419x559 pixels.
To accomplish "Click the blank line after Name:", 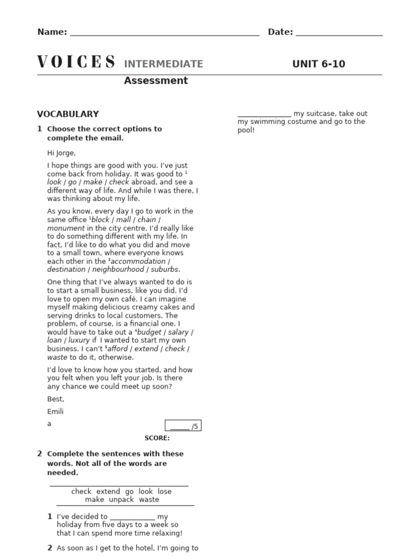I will point(165,33).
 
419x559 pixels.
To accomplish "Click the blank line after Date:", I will point(339,33).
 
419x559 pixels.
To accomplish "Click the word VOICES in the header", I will point(76,63).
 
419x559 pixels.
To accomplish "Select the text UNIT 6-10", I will point(319,64).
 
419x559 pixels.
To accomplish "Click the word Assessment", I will point(155,81).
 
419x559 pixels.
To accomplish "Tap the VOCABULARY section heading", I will point(68,114).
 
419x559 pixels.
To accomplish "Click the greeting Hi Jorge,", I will point(62,153).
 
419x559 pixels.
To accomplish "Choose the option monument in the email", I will point(66,228).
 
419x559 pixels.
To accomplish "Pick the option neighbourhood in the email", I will point(118,270).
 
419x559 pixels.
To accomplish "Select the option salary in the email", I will point(178,332).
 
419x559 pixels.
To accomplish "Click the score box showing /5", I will point(183,426).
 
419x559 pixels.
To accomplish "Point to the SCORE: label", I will point(157,438).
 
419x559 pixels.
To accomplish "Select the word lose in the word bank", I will point(164,491).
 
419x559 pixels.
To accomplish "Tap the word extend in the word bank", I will point(108,491).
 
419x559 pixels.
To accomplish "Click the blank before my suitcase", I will point(264,114).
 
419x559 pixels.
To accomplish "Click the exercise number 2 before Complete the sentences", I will point(39,454).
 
